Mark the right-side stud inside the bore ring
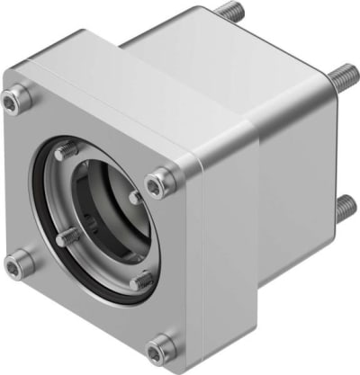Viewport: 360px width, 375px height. (134, 196)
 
